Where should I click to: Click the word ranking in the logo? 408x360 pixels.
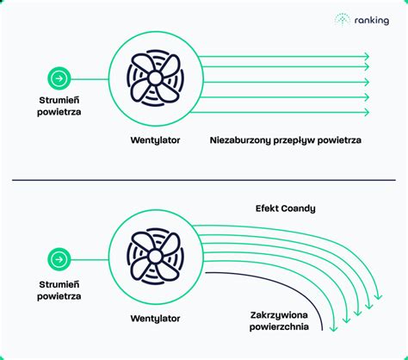(372, 21)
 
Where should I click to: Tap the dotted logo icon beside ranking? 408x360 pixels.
(343, 20)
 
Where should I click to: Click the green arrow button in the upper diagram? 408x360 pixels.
(59, 78)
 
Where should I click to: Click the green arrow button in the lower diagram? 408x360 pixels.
(59, 259)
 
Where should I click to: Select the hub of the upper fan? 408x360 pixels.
(155, 78)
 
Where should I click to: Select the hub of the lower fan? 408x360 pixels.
(155, 256)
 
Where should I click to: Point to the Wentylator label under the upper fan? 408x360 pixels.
(155, 140)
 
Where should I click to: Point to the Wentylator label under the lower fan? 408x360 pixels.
(155, 319)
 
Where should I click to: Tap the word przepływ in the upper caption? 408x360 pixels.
(294, 140)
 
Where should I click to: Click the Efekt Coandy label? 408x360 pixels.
(286, 208)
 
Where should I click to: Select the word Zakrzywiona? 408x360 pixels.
(279, 315)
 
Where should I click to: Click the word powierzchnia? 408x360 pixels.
(279, 326)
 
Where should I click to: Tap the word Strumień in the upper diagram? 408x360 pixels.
(59, 100)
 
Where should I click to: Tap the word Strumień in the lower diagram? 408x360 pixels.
(59, 284)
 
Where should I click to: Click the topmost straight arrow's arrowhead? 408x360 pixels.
(367, 56)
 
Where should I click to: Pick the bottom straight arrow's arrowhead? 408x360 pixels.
(367, 112)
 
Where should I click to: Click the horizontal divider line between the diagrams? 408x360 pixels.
(204, 180)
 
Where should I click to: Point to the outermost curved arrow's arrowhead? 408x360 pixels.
(379, 296)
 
